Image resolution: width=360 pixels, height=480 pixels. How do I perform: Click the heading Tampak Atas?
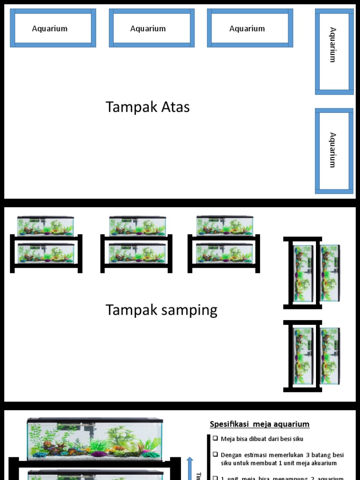click(148, 107)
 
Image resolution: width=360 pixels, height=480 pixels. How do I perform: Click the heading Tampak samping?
click(161, 310)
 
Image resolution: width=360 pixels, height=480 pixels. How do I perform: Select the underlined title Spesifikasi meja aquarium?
click(259, 424)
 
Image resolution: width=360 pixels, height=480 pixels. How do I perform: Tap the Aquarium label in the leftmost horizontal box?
click(50, 29)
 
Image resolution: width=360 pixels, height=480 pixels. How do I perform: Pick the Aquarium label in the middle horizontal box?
click(148, 29)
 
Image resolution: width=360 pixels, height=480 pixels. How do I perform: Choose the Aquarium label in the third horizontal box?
click(247, 29)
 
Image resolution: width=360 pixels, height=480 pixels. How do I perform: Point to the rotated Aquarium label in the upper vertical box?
click(333, 45)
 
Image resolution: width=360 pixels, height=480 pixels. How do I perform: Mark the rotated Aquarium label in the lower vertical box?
click(333, 150)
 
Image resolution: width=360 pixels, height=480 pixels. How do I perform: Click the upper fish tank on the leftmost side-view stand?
click(45, 226)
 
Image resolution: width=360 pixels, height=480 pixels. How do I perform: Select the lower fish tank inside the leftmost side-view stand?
click(45, 253)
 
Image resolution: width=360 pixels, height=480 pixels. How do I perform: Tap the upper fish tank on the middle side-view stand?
click(137, 226)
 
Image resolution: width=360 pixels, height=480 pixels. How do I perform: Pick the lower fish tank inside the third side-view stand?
click(224, 253)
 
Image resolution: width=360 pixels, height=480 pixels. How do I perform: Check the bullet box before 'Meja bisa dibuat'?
click(215, 439)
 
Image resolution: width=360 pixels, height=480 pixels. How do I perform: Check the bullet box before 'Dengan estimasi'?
click(215, 455)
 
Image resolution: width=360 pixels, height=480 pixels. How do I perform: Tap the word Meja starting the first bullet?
click(228, 439)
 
